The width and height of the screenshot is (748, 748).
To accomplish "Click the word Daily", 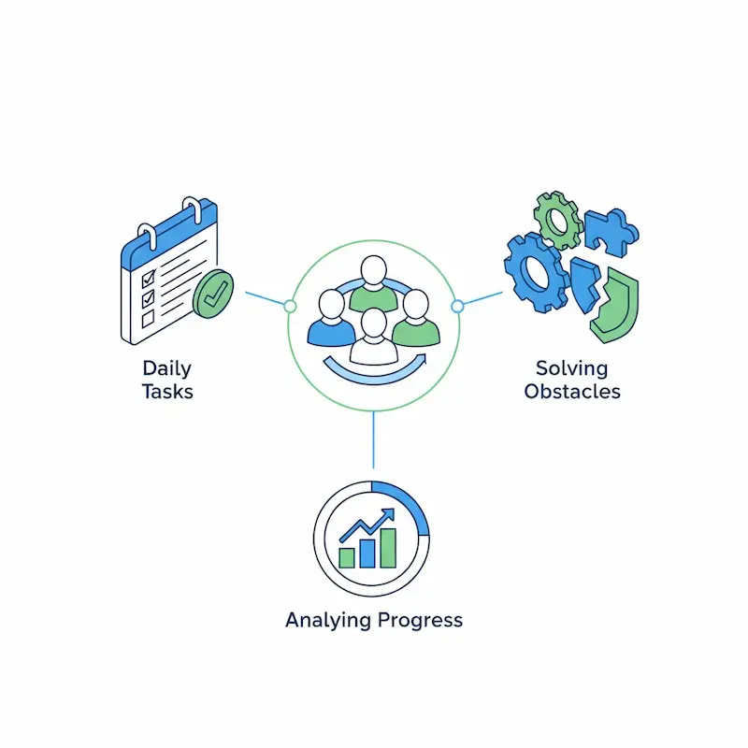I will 167,368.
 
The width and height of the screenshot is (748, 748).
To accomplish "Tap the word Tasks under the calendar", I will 167,391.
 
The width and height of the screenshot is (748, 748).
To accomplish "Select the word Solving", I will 571,368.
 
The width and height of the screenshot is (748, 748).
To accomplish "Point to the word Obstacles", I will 571,391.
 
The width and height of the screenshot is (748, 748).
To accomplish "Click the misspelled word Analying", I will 328,620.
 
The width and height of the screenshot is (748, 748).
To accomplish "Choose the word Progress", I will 419,620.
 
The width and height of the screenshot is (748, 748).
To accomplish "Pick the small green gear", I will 558,221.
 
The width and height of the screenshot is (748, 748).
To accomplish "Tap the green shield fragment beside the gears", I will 617,308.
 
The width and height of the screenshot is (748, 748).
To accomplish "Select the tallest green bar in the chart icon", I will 387,548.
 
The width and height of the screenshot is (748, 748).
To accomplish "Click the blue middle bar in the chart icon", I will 367,553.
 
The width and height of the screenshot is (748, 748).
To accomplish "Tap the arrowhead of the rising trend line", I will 391,513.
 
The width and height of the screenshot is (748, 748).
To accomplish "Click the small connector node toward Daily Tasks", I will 290,307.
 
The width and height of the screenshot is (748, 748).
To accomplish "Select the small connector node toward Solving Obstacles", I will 457,306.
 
